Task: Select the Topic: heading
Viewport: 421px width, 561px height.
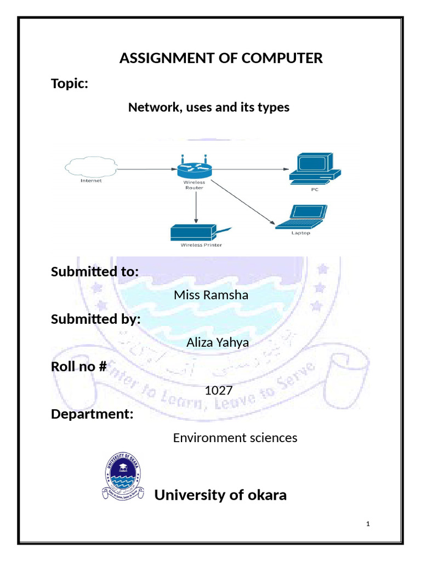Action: pyautogui.click(x=70, y=84)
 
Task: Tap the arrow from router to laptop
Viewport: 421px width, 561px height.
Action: pyautogui.click(x=241, y=203)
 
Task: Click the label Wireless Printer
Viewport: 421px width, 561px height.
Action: pyautogui.click(x=201, y=245)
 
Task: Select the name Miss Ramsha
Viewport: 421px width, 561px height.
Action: pyautogui.click(x=210, y=295)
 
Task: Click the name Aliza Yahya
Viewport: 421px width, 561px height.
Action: pyautogui.click(x=218, y=342)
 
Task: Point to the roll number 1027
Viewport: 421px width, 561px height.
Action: pyautogui.click(x=219, y=391)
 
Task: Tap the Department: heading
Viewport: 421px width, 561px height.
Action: pyautogui.click(x=92, y=414)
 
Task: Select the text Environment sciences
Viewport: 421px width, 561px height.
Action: pyautogui.click(x=235, y=438)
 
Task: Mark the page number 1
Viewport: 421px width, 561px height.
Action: pyautogui.click(x=368, y=524)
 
